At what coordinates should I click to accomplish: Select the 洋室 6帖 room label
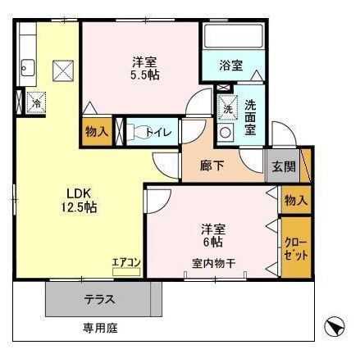(x=212, y=235)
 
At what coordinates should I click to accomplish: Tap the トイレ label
(x=157, y=131)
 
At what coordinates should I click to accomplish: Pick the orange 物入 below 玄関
(x=295, y=200)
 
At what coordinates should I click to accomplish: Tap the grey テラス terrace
(x=98, y=300)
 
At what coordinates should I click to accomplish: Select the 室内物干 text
(x=212, y=262)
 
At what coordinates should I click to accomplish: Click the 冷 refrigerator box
(x=34, y=103)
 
